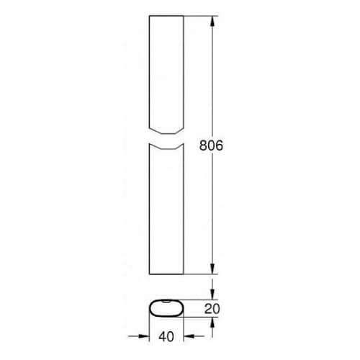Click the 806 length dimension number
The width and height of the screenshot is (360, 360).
(x=211, y=145)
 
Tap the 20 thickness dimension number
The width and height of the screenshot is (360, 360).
(x=212, y=309)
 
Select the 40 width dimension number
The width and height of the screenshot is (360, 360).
(x=166, y=336)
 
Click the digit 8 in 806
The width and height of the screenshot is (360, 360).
(x=203, y=145)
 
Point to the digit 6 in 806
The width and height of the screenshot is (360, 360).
(x=220, y=145)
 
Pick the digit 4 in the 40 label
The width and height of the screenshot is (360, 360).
(x=162, y=336)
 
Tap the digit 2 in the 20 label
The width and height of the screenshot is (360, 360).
(x=208, y=309)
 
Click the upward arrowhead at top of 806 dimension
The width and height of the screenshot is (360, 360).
(x=212, y=21)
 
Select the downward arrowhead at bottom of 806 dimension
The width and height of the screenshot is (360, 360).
(x=212, y=269)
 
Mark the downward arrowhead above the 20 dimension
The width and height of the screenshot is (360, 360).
(x=212, y=294)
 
